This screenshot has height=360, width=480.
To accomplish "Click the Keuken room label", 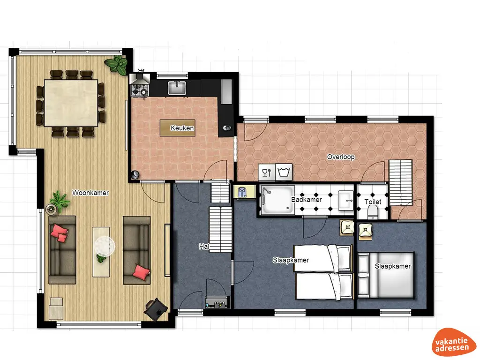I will tap(182, 128).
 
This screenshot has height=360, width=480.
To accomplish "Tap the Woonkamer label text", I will tap(90, 193).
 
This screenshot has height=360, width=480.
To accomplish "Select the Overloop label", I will tap(341, 157).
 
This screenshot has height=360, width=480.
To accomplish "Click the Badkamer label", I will tap(307, 200).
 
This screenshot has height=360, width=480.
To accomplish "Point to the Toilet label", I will tap(373, 202).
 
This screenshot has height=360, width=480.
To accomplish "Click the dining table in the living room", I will tap(71, 103).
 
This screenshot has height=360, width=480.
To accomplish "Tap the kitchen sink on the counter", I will tap(177, 88).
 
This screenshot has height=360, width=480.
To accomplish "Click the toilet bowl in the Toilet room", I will tap(373, 213).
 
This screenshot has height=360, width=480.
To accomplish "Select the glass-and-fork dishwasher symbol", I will tap(266, 172).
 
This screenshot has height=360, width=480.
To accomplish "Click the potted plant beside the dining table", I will tap(116, 64).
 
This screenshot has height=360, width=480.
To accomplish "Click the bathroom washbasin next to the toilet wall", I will tap(346, 200).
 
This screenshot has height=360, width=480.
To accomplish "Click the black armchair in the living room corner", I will tap(156, 308).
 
